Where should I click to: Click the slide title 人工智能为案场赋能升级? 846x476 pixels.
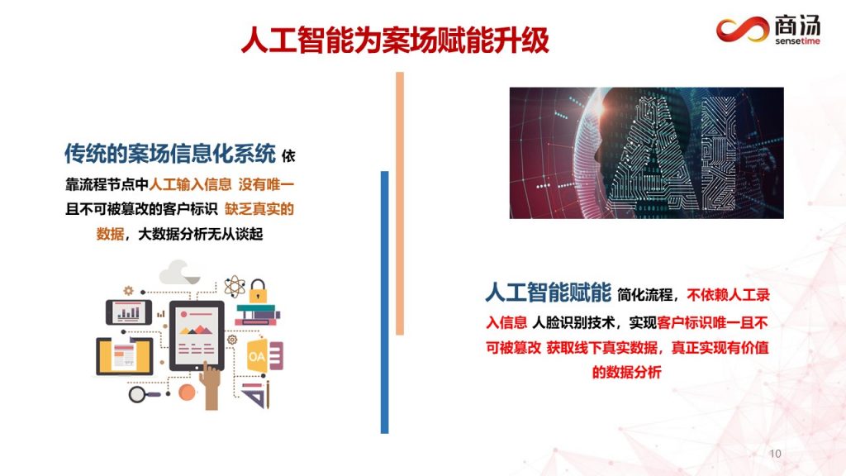(395, 40)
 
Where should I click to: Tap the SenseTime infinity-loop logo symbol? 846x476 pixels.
(743, 29)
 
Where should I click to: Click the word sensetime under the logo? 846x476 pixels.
(797, 41)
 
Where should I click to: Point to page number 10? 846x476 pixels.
(775, 454)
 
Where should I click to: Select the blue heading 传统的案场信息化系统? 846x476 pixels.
(170, 154)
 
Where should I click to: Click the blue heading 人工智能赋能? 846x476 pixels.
(549, 293)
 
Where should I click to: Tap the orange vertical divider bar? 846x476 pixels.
(400, 203)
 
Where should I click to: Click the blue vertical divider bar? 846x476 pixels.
(385, 302)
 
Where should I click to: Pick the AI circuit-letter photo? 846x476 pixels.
(646, 153)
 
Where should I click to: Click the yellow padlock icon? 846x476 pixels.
(258, 291)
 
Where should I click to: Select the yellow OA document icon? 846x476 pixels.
(257, 355)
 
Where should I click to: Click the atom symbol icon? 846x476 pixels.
(235, 287)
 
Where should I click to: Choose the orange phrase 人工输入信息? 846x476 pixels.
(190, 184)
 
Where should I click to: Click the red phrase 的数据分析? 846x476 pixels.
(626, 372)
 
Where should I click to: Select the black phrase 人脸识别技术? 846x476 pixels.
(573, 323)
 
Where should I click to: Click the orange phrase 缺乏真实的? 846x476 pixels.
(259, 209)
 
